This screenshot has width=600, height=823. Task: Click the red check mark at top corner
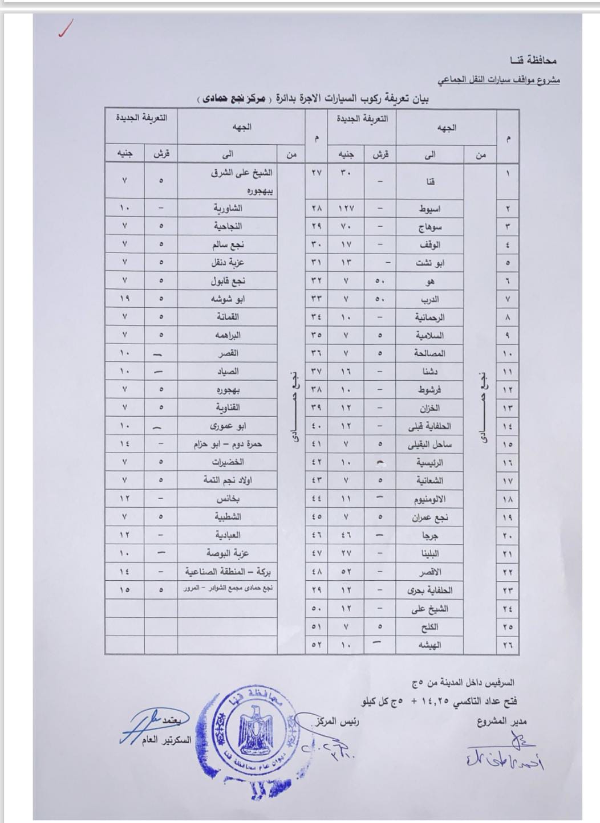point(65,29)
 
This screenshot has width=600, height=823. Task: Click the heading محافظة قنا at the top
point(533,60)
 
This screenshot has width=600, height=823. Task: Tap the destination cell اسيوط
point(429,209)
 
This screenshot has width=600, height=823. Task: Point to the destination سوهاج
point(429,227)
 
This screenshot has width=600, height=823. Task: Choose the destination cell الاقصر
point(429,572)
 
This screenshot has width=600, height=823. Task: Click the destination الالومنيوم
point(429,499)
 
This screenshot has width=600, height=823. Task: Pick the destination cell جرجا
point(429,536)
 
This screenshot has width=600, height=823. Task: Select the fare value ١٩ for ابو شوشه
point(124,299)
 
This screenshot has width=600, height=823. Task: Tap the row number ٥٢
point(316,645)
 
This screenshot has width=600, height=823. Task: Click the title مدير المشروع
point(501,722)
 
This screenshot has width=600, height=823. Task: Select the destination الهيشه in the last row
point(429,645)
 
